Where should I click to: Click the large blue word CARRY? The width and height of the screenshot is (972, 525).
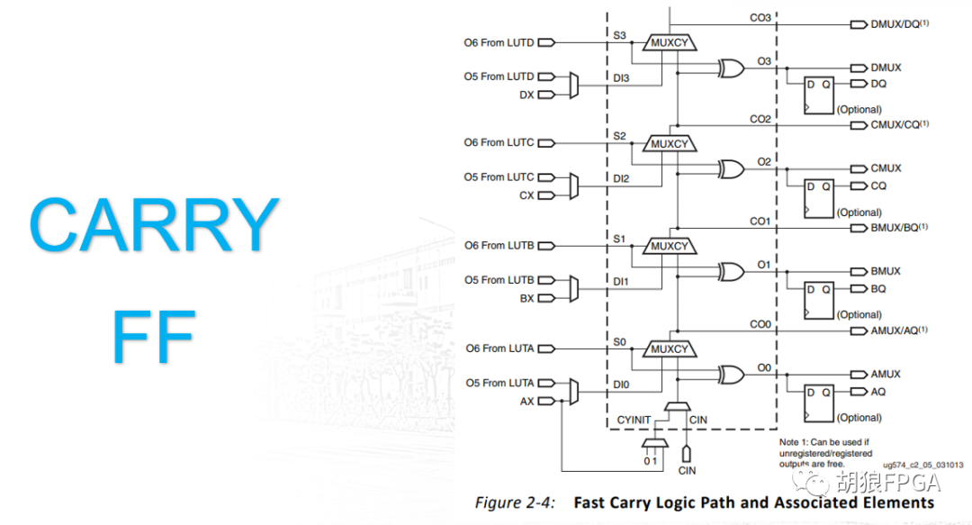[x=154, y=225]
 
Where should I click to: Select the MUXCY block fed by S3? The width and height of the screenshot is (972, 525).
[x=669, y=41]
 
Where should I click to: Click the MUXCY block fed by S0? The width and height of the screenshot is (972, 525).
[x=669, y=349]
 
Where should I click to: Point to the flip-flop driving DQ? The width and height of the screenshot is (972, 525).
[x=819, y=94]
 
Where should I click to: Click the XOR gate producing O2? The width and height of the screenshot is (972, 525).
[x=730, y=168]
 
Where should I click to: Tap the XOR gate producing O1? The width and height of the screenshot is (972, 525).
[x=730, y=271]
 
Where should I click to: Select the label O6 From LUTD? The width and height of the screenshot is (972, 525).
[x=499, y=42]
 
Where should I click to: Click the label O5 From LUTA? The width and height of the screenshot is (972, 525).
[x=499, y=383]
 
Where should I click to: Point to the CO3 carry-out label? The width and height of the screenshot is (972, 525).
[x=761, y=17]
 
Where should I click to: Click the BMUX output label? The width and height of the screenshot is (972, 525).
[x=886, y=271]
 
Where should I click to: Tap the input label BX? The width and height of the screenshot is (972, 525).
[x=526, y=298]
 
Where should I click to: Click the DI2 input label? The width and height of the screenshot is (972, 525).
[x=621, y=178]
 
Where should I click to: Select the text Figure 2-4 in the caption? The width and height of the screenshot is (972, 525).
[x=515, y=502]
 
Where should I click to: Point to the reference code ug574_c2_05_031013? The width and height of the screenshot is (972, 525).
[x=922, y=465]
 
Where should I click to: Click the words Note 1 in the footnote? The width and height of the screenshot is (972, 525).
[x=796, y=442]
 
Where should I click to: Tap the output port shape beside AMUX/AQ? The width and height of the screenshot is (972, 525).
[x=857, y=331]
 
